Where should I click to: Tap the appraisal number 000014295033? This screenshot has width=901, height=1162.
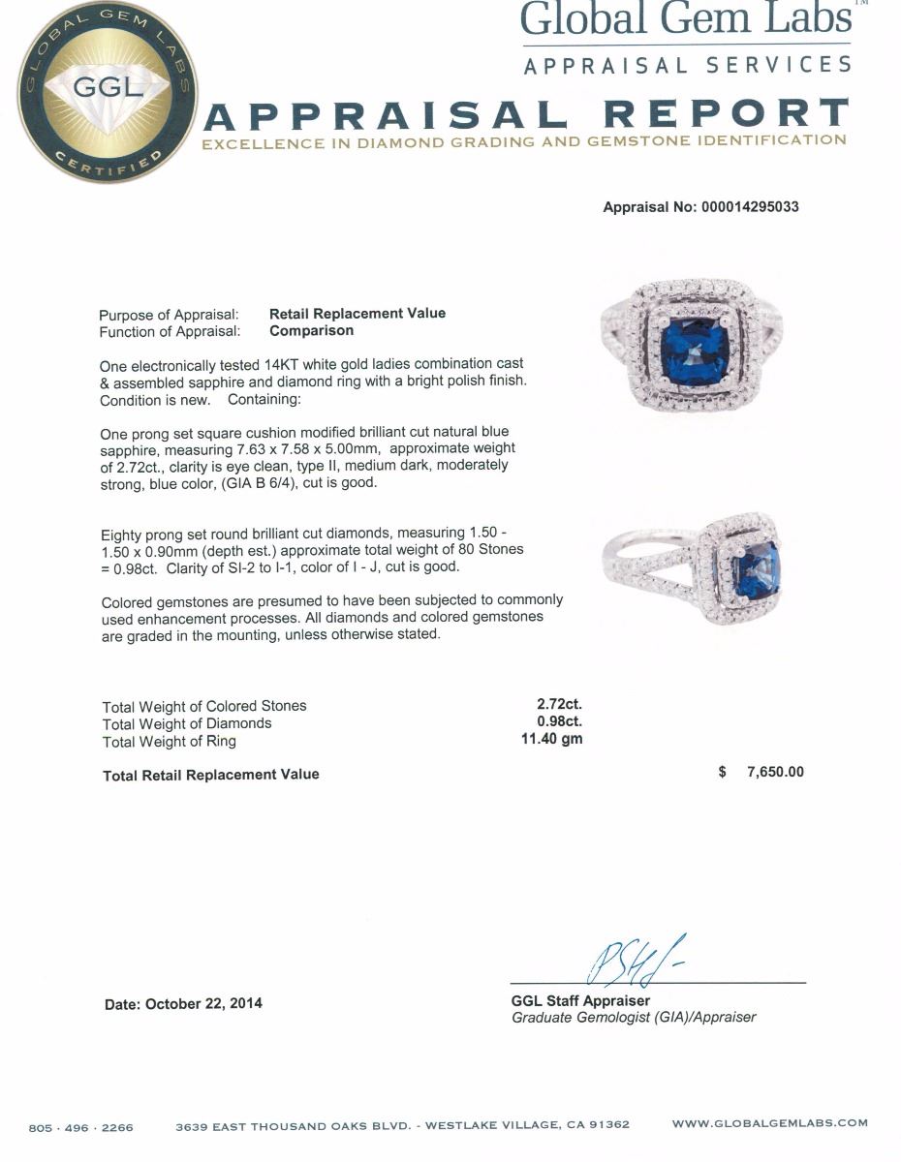pyautogui.click(x=751, y=207)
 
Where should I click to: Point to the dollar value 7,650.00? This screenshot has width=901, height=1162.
pyautogui.click(x=775, y=772)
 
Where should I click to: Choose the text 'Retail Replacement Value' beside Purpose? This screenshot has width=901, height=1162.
pyautogui.click(x=357, y=314)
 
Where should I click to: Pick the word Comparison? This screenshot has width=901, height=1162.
pyautogui.click(x=311, y=331)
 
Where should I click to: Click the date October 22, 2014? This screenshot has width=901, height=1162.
pyautogui.click(x=202, y=1003)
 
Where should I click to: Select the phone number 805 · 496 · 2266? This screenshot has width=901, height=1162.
pyautogui.click(x=81, y=1127)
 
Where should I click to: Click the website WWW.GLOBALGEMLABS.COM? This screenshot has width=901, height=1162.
pyautogui.click(x=769, y=1123)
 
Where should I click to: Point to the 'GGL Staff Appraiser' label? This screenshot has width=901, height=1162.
pyautogui.click(x=580, y=1001)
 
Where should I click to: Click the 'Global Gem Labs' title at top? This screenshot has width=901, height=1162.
pyautogui.click(x=686, y=19)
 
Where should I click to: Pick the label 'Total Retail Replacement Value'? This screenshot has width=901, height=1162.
pyautogui.click(x=211, y=775)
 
